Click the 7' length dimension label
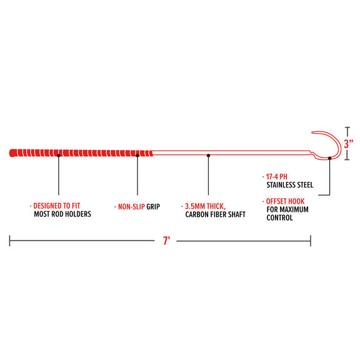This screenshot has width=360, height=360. [166, 241]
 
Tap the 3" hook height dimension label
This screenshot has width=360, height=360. [349, 144]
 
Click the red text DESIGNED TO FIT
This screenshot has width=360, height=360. [57, 206]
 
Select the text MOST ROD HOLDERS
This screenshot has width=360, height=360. [62, 214]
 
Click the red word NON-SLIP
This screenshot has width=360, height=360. [131, 207]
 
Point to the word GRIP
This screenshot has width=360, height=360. [153, 207]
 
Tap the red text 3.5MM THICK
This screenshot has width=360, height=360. [205, 206]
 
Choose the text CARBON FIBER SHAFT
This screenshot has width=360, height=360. [216, 214]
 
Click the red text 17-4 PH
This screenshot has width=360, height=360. [277, 176]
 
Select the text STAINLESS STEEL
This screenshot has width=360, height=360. [290, 185]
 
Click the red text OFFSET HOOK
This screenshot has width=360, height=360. [285, 201]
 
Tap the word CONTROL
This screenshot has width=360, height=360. [279, 217]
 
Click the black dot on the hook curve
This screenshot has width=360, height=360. [330, 158]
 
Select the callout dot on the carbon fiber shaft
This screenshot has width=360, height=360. [209, 156]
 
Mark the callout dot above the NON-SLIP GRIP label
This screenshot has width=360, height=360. [137, 156]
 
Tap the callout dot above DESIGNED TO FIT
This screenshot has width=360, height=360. [59, 156]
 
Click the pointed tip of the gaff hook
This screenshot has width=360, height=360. [312, 132]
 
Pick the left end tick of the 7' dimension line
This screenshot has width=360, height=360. [9, 241]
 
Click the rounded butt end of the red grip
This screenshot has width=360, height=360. [11, 153]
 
